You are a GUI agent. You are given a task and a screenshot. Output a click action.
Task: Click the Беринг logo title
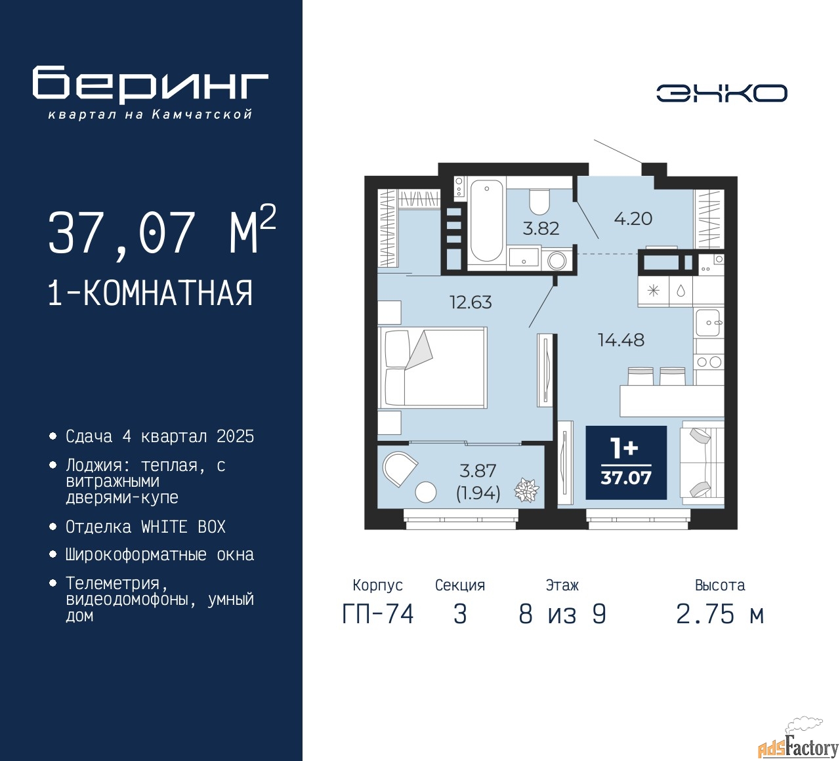point(150,84)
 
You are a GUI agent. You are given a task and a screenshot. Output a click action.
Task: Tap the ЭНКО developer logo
point(721,93)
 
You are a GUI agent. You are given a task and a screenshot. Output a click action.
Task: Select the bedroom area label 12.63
point(470,302)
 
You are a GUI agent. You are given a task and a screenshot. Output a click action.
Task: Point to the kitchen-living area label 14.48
point(621,340)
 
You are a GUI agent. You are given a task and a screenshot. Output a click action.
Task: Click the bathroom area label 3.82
point(541,228)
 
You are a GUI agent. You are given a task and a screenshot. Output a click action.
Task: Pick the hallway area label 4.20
point(633,218)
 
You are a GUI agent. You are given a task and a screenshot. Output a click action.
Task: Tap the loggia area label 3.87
point(478,471)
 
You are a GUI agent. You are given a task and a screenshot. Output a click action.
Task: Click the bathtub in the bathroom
point(486,220)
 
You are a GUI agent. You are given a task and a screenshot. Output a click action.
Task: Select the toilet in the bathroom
point(539,203)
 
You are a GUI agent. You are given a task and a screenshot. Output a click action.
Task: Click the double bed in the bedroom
point(433,367)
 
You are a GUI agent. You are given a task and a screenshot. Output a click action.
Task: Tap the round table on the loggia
point(426,491)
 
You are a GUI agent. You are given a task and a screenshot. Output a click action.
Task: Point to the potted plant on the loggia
point(526,490)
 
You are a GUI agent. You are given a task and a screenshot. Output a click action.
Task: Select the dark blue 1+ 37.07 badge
point(626,463)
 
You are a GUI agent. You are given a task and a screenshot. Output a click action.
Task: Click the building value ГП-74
point(378,614)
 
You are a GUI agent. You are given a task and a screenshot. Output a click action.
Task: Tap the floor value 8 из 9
point(562,614)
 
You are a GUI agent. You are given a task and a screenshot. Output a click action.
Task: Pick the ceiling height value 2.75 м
point(720,614)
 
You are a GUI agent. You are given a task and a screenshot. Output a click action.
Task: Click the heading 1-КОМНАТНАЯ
point(150,293)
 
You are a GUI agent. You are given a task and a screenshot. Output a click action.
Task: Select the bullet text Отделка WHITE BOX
point(146,527)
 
